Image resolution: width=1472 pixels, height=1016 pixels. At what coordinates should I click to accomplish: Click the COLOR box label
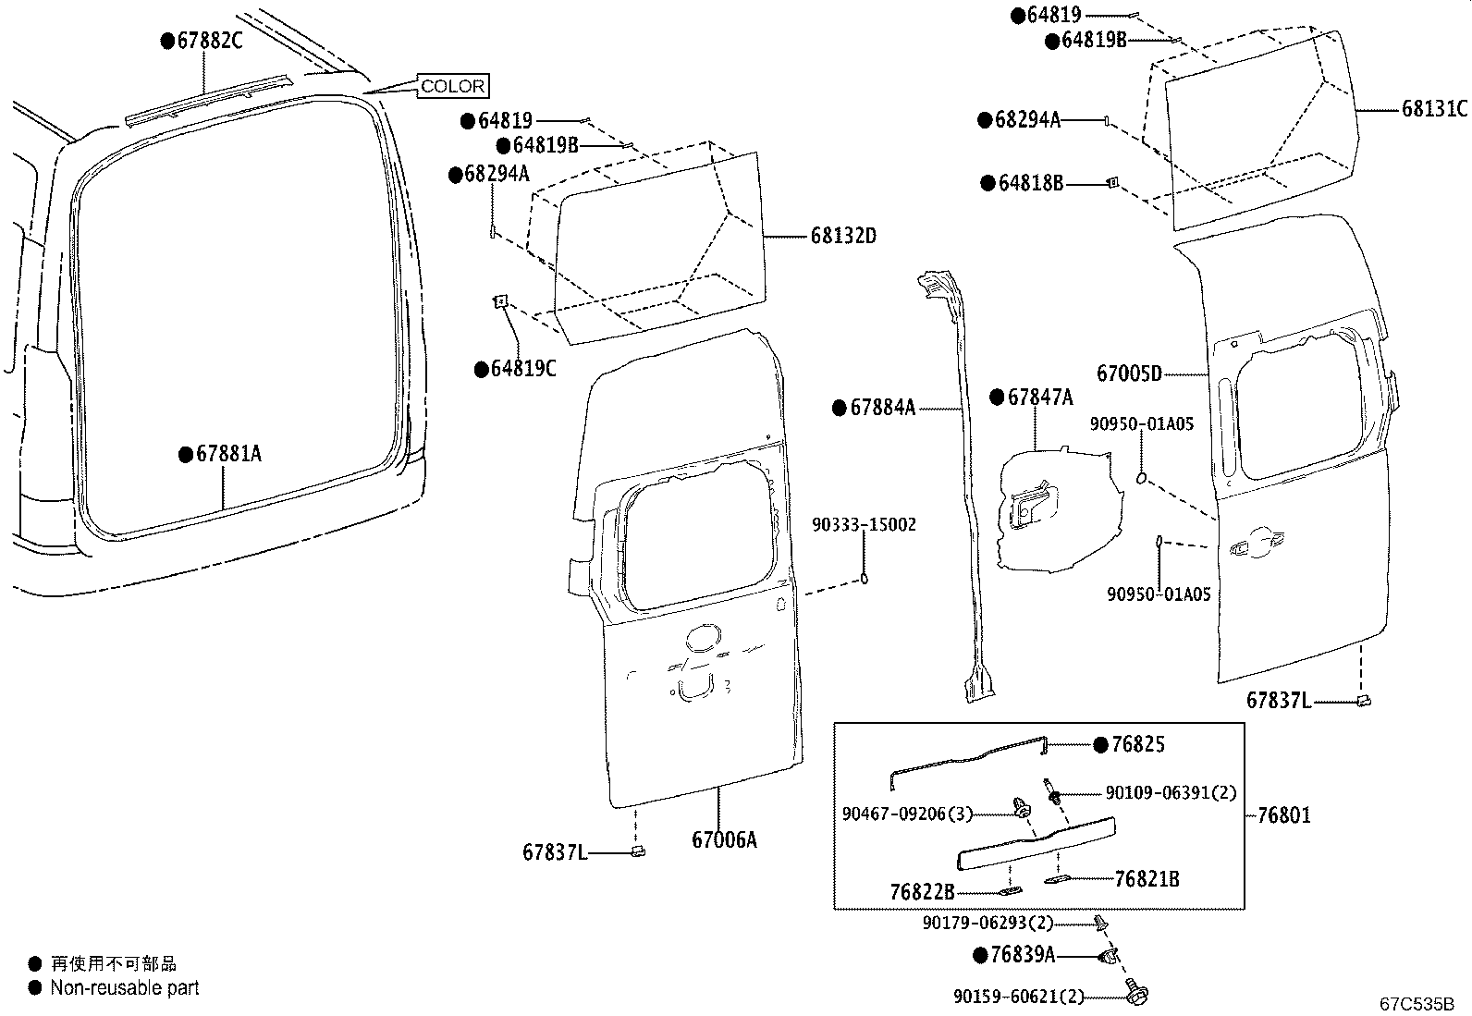452,86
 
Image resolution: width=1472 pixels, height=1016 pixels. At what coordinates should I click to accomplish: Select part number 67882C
209,41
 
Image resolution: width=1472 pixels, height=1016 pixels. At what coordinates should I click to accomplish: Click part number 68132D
842,236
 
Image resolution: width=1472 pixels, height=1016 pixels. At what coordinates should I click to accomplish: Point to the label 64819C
523,369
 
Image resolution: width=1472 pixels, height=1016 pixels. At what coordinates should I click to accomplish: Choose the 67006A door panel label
724,839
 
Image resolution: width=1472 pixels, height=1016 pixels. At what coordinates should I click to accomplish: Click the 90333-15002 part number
865,524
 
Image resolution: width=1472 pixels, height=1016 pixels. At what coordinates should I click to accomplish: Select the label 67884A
882,407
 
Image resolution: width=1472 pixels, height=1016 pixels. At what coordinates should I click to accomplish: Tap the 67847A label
1039,398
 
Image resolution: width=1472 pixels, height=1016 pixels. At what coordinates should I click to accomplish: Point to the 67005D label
1129,373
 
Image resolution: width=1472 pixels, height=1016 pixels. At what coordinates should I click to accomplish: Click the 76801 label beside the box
1283,815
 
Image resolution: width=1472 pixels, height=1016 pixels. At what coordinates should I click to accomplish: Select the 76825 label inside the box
1136,744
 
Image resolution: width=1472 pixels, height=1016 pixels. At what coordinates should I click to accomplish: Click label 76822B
922,891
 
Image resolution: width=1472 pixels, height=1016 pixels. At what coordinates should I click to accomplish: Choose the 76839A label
1022,954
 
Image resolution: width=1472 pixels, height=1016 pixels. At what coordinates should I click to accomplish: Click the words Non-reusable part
125,987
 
